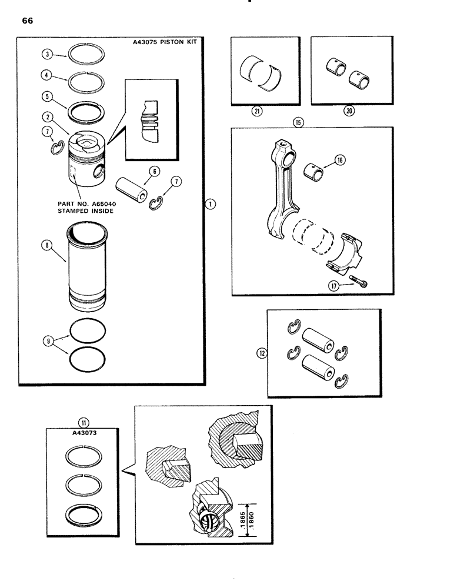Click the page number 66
click(28, 21)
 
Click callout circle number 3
click(47, 54)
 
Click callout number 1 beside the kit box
click(211, 203)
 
